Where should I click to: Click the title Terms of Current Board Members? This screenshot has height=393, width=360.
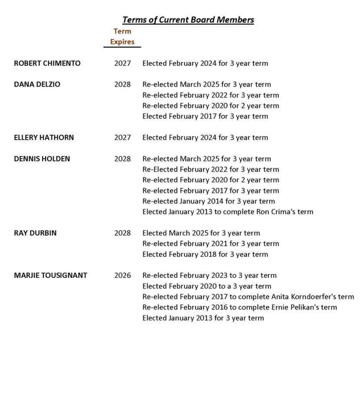[188, 20]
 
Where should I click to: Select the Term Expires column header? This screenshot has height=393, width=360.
[122, 37]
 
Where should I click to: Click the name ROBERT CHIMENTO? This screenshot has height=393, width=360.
[47, 63]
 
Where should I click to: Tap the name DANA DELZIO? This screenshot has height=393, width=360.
[37, 84]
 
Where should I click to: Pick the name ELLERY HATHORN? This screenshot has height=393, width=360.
[44, 137]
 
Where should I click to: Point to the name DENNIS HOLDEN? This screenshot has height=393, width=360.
[42, 159]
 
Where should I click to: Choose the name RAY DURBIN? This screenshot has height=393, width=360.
[35, 233]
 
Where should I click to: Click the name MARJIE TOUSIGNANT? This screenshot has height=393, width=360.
[50, 275]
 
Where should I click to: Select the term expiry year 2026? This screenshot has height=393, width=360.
[122, 275]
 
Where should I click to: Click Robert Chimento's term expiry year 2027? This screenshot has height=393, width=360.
[122, 63]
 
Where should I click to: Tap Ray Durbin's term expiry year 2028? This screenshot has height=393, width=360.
[122, 233]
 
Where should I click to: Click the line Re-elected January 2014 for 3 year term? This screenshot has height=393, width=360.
[208, 201]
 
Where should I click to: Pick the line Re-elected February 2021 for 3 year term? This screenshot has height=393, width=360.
[211, 243]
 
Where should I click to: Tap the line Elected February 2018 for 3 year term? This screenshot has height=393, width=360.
[205, 254]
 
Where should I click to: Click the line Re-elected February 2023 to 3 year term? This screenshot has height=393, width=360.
[209, 275]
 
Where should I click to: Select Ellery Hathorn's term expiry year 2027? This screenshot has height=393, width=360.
[122, 137]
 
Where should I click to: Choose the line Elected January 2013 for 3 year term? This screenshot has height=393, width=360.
[203, 318]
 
